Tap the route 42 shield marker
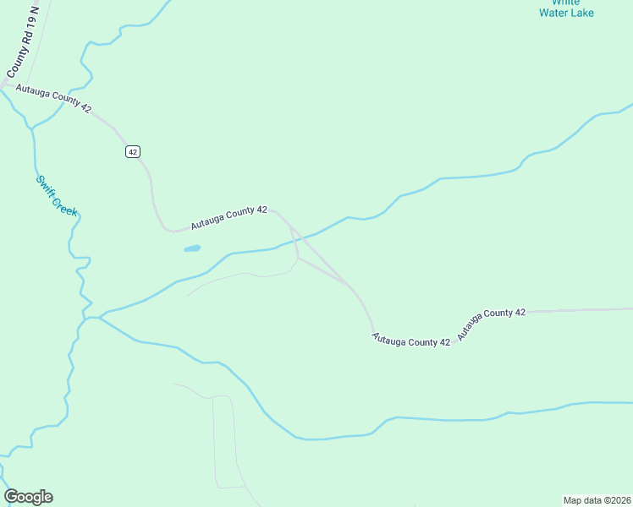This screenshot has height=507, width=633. pyautogui.click(x=132, y=151)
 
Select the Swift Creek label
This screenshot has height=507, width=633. pyautogui.click(x=57, y=195)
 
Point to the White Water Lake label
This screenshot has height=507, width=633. pyautogui.click(x=567, y=8)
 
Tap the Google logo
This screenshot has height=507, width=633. pyautogui.click(x=29, y=497)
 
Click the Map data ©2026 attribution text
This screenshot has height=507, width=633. pyautogui.click(x=597, y=499)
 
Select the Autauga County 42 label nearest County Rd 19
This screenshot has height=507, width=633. pyautogui.click(x=53, y=98)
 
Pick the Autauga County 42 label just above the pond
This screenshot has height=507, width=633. pyautogui.click(x=228, y=218)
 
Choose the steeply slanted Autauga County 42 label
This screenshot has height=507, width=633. pyautogui.click(x=492, y=324)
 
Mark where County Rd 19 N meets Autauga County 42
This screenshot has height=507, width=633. pyautogui.click(x=7, y=84)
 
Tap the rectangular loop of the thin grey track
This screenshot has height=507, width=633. pyautogui.click(x=224, y=441)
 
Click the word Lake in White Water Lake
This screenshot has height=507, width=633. pyautogui.click(x=582, y=13)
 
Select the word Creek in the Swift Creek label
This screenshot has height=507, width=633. pyautogui.click(x=64, y=204)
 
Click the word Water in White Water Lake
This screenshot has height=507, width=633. pyautogui.click(x=554, y=13)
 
